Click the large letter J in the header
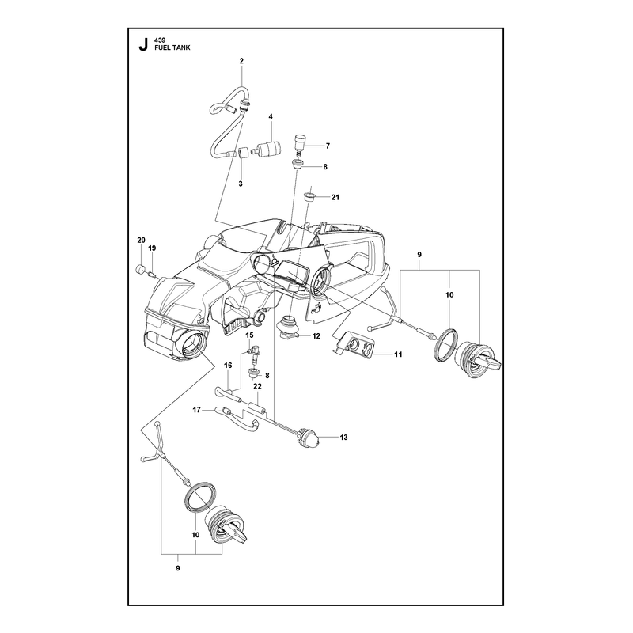pos(143,44)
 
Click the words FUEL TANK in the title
pos(172,47)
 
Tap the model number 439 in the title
pos(160,40)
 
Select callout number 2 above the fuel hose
pos(241,61)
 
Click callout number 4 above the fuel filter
pos(271,116)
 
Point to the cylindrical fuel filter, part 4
pos(267,150)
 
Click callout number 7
pos(328,146)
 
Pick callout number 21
pos(335,197)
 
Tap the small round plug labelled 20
pos(139,269)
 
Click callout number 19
pos(152,248)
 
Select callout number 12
pos(316,335)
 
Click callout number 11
pos(399,354)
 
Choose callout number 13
pos(344,438)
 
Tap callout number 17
pos(196,410)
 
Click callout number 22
pos(258,386)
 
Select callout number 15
pos(249,335)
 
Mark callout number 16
pos(228,366)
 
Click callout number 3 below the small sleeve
pos(241,184)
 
